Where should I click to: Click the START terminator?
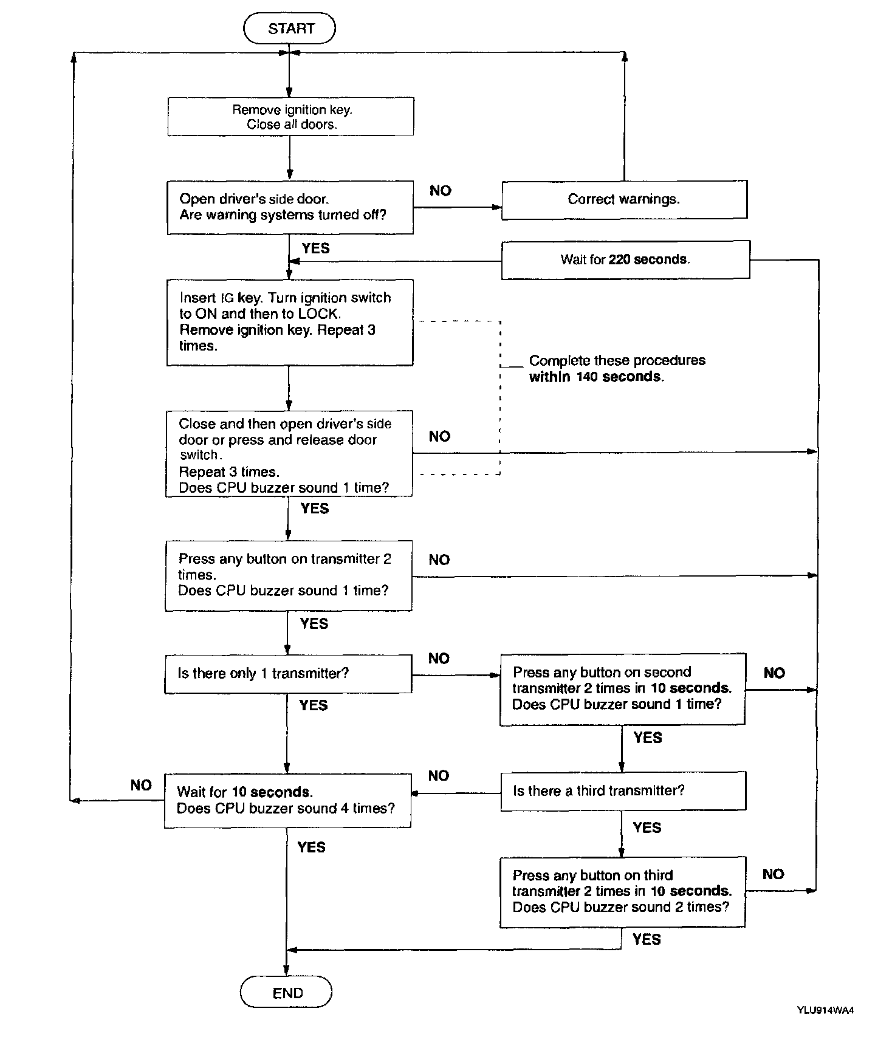[x=289, y=29]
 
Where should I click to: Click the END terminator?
[x=286, y=993]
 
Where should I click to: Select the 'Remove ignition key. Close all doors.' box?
[x=290, y=117]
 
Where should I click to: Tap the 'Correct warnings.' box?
[x=624, y=199]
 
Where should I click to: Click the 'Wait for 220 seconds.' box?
[x=625, y=259]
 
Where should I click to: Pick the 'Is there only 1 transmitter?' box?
[x=288, y=674]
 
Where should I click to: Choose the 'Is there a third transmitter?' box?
[x=623, y=791]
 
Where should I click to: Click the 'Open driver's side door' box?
[x=290, y=207]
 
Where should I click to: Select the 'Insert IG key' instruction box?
[x=290, y=322]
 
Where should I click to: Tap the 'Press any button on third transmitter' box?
[x=622, y=891]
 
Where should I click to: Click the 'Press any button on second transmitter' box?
[x=622, y=688]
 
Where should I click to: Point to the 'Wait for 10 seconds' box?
[x=287, y=800]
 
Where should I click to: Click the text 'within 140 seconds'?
[x=596, y=377]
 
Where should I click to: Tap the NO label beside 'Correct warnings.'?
[x=441, y=191]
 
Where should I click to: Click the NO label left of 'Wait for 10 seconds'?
[x=141, y=785]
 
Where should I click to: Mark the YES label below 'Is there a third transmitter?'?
[x=647, y=827]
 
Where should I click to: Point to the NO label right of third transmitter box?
[x=773, y=874]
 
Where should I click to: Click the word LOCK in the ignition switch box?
[x=318, y=314]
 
